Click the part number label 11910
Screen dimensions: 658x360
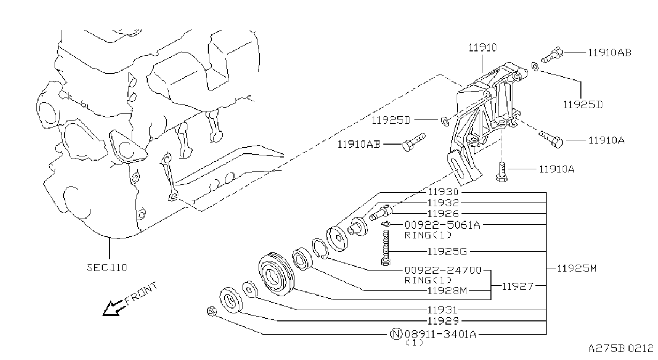tap(482, 48)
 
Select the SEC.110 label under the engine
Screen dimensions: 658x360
tap(107, 267)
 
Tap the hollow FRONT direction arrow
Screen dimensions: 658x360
tap(114, 308)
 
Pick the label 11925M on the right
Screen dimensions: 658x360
tap(577, 268)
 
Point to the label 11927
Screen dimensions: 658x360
tap(518, 286)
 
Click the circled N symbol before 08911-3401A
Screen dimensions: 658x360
tap(396, 334)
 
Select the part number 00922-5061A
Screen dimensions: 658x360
tap(442, 225)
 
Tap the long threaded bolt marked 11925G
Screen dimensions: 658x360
tap(385, 247)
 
